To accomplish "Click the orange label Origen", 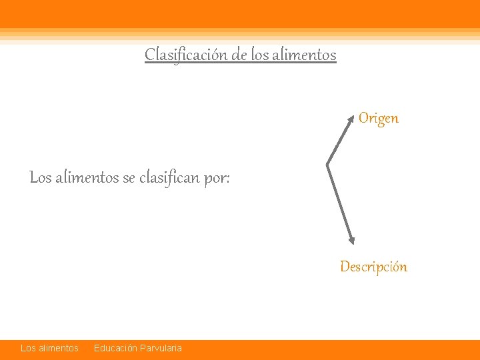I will pos(378,119).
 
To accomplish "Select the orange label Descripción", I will pos(373,267).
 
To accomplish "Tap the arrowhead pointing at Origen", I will pos(353,118).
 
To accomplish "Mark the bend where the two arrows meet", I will pos(327,163).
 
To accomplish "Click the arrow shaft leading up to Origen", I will pos(340,141).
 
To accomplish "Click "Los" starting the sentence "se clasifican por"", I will pos(40,178).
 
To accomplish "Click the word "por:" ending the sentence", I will pos(217,178).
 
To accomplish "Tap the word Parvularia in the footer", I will pos(160,348).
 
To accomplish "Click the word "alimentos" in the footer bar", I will pos(59,348).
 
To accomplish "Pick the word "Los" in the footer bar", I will pos(28,348).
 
